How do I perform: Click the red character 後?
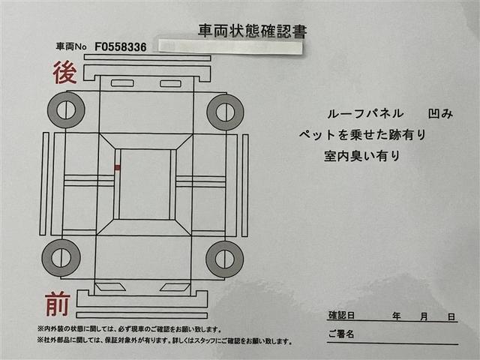tap(63, 73)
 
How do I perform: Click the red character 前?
tap(57, 304)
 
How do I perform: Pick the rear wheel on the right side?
tap(224, 112)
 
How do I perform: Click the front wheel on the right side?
tap(224, 259)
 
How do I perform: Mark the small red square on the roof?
tap(117, 167)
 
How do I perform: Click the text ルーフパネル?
tap(359, 114)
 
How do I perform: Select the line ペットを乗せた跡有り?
tap(362, 135)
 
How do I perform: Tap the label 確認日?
tap(343, 316)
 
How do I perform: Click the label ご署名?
tap(341, 334)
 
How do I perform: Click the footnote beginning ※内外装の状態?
tap(127, 329)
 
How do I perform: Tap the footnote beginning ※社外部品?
tap(163, 341)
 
